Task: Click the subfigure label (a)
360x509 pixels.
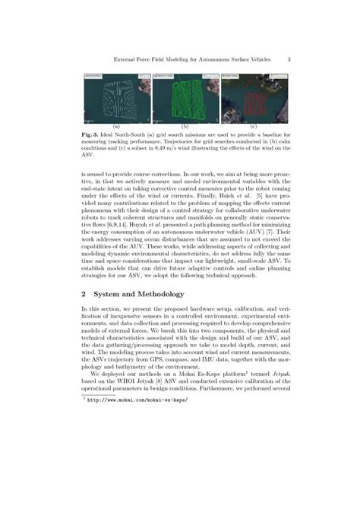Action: pos(116,125)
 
